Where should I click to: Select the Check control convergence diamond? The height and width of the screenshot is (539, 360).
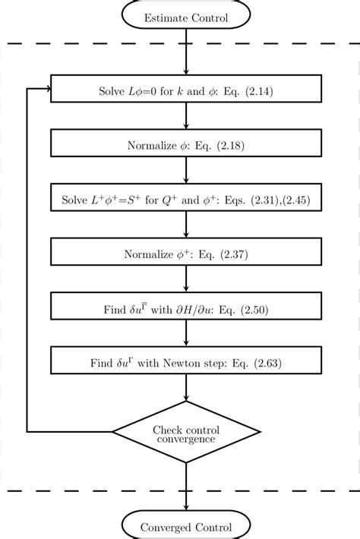[186, 433]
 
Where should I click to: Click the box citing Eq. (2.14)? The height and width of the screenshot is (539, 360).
[186, 90]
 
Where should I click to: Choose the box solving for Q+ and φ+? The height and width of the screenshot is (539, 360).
[186, 199]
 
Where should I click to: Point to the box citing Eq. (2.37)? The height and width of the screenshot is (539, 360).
[186, 253]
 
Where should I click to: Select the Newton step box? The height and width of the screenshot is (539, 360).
[186, 361]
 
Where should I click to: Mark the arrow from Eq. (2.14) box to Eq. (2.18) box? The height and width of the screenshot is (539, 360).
[186, 117]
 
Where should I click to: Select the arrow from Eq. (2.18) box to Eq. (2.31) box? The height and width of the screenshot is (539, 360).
[186, 171]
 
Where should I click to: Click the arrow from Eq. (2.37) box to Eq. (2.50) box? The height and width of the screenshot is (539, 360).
[186, 280]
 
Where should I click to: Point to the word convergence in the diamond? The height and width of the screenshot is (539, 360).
[186, 439]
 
